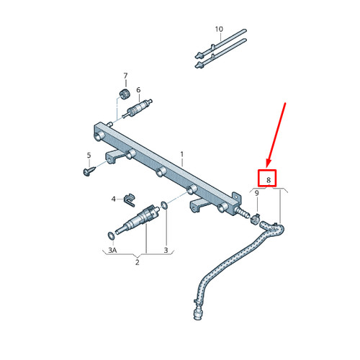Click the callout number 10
(219, 30)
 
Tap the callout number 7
(125, 76)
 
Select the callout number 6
(138, 90)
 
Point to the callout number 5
(89, 156)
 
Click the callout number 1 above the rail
(182, 154)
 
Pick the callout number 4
(114, 199)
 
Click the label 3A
(112, 251)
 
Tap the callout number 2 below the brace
(138, 262)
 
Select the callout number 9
(256, 193)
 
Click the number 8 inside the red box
(269, 180)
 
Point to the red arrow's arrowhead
(269, 163)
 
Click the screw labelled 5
(89, 171)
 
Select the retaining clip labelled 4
(130, 200)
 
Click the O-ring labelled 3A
(111, 235)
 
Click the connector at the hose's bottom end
(198, 312)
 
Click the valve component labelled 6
(137, 109)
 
